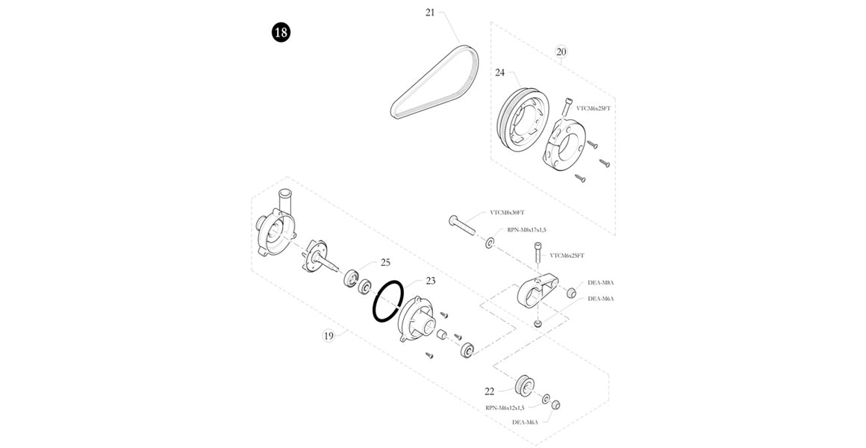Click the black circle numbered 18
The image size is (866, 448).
(x=281, y=33)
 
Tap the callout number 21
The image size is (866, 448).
(x=430, y=12)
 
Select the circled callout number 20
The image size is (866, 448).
(x=561, y=52)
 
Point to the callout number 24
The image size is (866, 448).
(x=500, y=72)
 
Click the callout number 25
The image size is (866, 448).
(x=385, y=262)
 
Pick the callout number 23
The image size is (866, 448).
(x=430, y=281)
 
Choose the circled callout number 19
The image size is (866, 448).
(x=328, y=335)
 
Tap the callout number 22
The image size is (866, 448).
(x=490, y=391)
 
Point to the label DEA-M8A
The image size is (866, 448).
(x=600, y=282)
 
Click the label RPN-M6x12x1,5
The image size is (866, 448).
(x=505, y=408)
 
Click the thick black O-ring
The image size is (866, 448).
(x=389, y=302)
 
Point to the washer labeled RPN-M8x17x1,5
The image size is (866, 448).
(x=490, y=243)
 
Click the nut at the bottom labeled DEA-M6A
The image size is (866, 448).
(x=555, y=405)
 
